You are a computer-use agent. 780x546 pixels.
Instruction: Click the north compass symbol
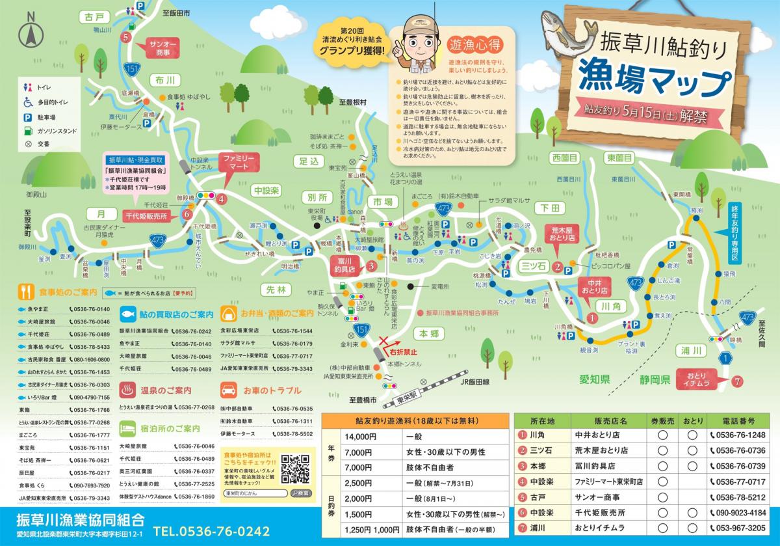[x=29, y=29]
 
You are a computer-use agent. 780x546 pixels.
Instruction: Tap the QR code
[x=296, y=467]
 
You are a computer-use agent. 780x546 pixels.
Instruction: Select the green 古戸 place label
[x=95, y=16]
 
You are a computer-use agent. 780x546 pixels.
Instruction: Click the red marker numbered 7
[x=736, y=382]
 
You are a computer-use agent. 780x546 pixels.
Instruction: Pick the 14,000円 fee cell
[x=362, y=437]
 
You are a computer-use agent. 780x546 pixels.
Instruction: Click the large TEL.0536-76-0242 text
[x=212, y=530]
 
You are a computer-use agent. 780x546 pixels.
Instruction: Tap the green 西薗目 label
[x=565, y=157]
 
